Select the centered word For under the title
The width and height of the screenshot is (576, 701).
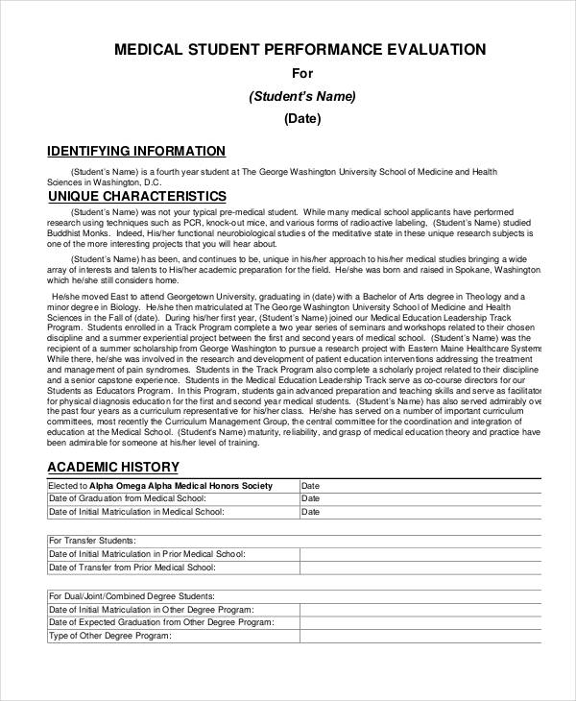click(302, 73)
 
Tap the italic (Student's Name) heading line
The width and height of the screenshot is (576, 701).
click(302, 96)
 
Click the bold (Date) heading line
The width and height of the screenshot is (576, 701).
click(302, 119)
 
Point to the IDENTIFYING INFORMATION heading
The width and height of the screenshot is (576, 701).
click(136, 151)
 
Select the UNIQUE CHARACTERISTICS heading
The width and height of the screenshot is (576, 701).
click(136, 196)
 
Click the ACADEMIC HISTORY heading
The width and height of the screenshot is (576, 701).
click(113, 468)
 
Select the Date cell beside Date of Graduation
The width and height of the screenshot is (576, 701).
click(311, 498)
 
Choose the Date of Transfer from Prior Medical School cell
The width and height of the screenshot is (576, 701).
click(132, 568)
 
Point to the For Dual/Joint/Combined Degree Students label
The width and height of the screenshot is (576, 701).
click(132, 596)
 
